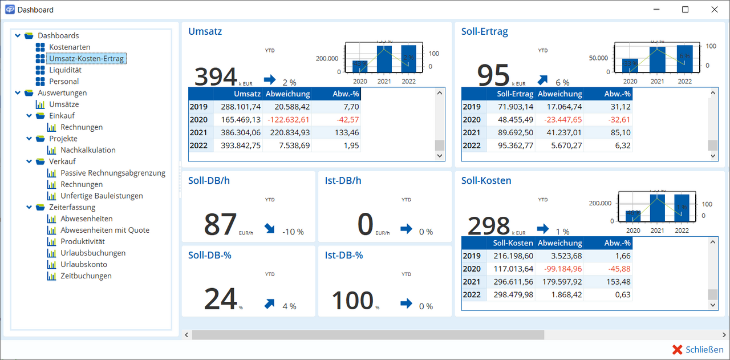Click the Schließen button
coord(698,350)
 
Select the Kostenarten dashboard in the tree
coord(70,47)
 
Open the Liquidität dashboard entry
coord(65,70)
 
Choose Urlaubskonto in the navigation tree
coord(84,264)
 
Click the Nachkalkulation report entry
coord(88,150)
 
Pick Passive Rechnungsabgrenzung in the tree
coord(113,173)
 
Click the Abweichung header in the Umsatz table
coord(288,94)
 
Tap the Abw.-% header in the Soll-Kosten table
coord(617,243)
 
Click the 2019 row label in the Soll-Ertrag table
coord(472,107)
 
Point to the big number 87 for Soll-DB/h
coord(220,224)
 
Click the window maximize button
coord(686,10)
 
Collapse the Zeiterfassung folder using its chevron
coord(30,207)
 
